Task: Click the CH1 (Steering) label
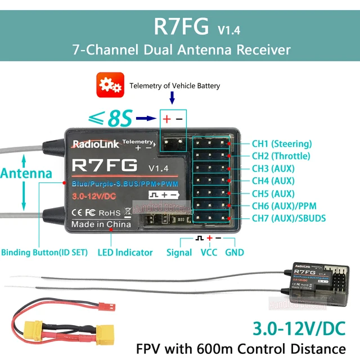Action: (x=281, y=143)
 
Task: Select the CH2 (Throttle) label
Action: (x=281, y=156)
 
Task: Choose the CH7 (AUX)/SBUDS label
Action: (x=289, y=218)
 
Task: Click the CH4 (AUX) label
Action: (x=273, y=181)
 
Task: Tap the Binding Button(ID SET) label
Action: (x=44, y=253)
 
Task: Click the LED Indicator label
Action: (x=125, y=253)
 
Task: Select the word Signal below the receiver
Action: (x=179, y=253)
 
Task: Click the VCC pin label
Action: (x=209, y=253)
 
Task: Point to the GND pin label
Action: (x=235, y=253)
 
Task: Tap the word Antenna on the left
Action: (x=26, y=173)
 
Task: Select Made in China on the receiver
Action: (x=101, y=224)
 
